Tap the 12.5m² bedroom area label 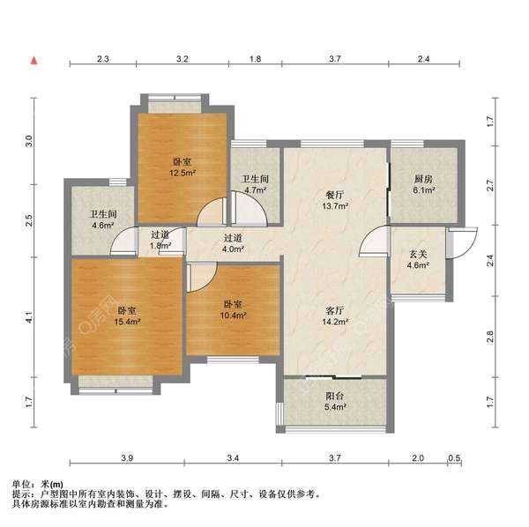pyautogui.click(x=183, y=167)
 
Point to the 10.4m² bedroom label pyautogui.click(x=234, y=308)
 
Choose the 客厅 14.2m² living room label pyautogui.click(x=336, y=316)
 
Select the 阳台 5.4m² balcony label pyautogui.click(x=334, y=402)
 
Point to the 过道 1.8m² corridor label pyautogui.click(x=160, y=241)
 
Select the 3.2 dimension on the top pyautogui.click(x=183, y=59)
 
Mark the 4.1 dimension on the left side pyautogui.click(x=28, y=315)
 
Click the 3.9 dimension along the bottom pyautogui.click(x=127, y=458)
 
